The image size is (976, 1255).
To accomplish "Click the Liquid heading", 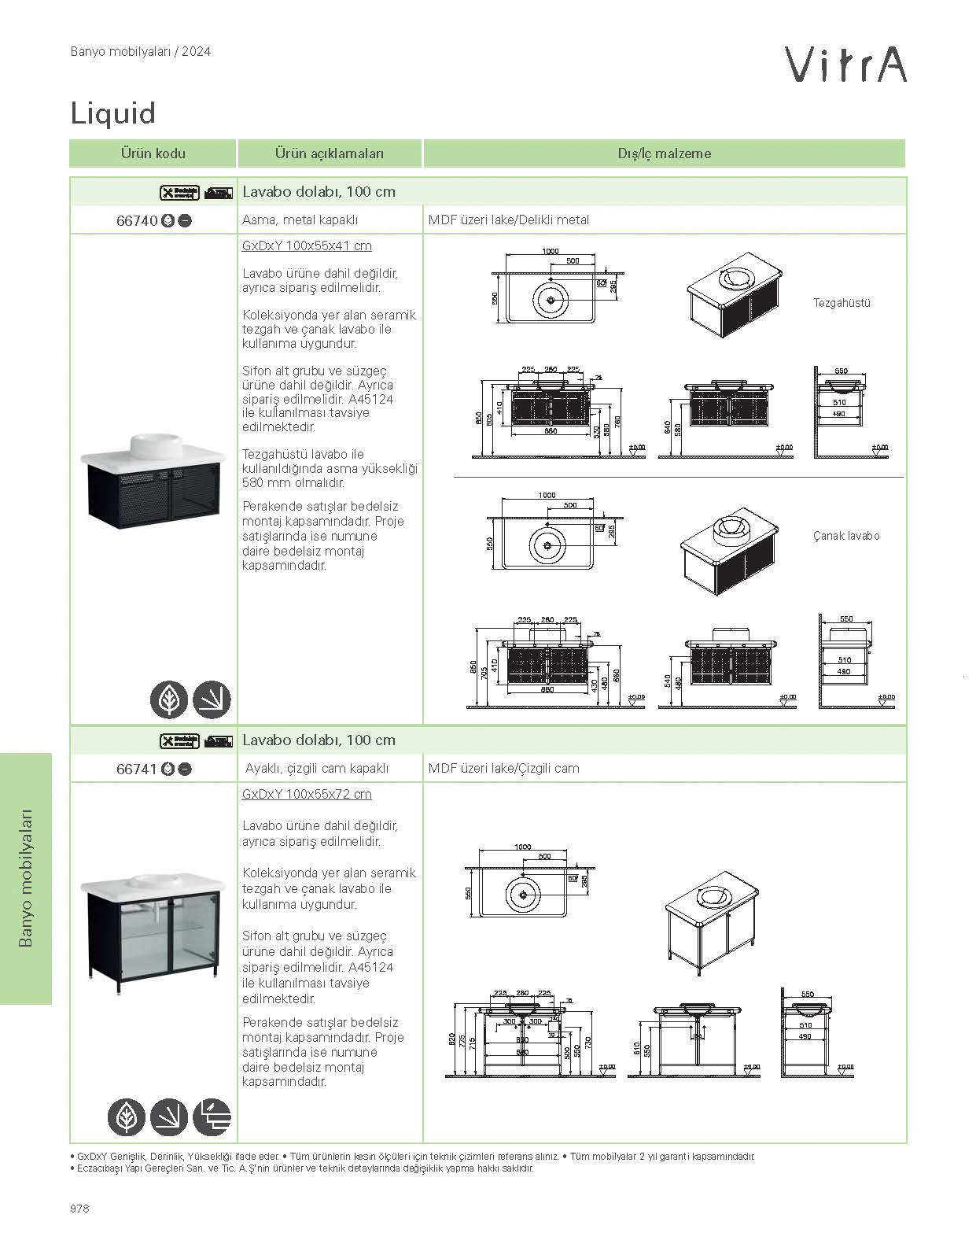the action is pyautogui.click(x=113, y=113).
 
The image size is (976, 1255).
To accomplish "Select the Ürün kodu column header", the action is pyautogui.click(x=153, y=153).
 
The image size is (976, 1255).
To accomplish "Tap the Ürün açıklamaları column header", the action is pyautogui.click(x=330, y=153).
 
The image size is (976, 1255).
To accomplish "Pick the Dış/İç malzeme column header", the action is pyautogui.click(x=664, y=153).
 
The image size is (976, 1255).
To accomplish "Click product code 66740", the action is pyautogui.click(x=137, y=221).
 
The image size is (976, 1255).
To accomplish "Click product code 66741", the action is pyautogui.click(x=137, y=770).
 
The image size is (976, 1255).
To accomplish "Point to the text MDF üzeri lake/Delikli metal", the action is pyautogui.click(x=508, y=220).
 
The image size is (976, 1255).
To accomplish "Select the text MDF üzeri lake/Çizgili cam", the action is pyautogui.click(x=503, y=769).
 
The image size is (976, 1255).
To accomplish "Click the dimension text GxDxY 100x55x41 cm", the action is pyautogui.click(x=307, y=246).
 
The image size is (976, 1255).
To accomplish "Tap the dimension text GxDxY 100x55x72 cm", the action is pyautogui.click(x=307, y=795).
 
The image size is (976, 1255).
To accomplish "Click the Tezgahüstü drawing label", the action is pyautogui.click(x=842, y=303).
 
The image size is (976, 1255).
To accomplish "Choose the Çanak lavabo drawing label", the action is pyautogui.click(x=845, y=536).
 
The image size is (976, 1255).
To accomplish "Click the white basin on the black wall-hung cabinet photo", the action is pyautogui.click(x=155, y=445).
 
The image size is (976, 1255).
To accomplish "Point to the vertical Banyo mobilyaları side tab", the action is pyautogui.click(x=26, y=877).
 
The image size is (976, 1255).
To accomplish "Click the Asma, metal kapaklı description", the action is pyautogui.click(x=300, y=220).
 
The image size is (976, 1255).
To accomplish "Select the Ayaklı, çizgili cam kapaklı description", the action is pyautogui.click(x=315, y=769).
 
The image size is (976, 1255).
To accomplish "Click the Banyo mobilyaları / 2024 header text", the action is pyautogui.click(x=140, y=52).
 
